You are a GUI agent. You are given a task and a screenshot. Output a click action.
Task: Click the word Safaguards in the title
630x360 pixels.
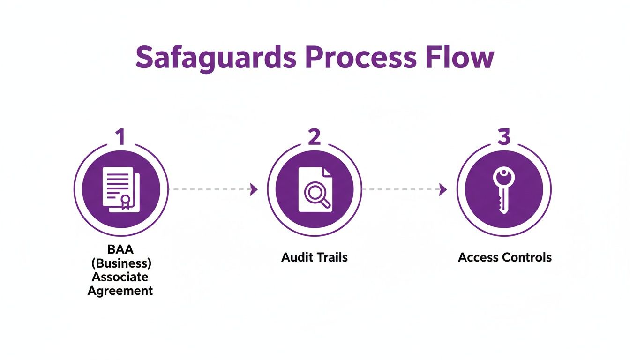[x=216, y=58]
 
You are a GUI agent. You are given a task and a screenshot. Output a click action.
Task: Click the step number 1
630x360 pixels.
[x=120, y=137]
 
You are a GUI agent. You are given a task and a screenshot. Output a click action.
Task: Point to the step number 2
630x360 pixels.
[x=314, y=137]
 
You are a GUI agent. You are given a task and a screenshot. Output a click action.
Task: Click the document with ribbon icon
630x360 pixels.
[x=120, y=189]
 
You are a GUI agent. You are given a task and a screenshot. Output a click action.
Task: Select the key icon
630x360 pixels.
[x=503, y=190]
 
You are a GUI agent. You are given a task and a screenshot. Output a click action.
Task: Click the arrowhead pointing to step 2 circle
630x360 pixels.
[x=254, y=189]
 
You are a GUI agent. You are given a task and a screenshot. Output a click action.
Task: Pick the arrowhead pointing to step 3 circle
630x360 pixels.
[x=442, y=189]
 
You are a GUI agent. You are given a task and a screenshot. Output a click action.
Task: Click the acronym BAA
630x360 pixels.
[x=121, y=249]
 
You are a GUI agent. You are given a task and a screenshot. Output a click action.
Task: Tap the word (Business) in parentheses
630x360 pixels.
[x=121, y=263]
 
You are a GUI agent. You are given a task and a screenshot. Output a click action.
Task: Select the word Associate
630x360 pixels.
[x=121, y=277]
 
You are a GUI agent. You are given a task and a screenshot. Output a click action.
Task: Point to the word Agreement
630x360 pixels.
[x=121, y=291]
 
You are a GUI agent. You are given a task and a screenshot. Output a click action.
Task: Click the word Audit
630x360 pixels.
[x=296, y=257]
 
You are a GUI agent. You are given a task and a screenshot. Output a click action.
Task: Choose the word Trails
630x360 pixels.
[x=331, y=257]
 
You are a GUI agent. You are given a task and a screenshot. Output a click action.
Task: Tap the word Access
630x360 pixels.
[x=478, y=257]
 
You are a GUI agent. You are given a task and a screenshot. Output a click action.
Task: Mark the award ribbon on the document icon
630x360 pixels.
[x=125, y=202]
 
